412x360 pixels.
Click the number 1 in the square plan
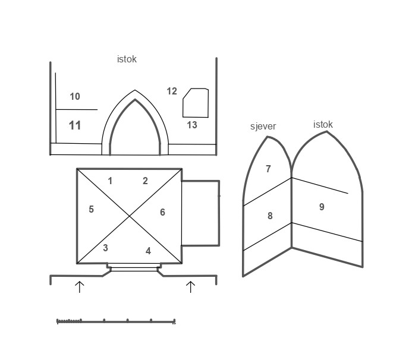tap(110, 181)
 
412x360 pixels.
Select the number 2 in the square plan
tap(145, 181)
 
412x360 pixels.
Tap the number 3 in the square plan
tap(105, 248)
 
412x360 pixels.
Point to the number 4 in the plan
tap(148, 251)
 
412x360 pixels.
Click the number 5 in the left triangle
tap(91, 210)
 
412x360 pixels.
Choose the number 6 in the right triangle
tap(162, 213)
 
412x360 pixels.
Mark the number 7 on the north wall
tap(268, 169)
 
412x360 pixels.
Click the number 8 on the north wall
tap(270, 216)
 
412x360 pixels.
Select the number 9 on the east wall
tap(322, 207)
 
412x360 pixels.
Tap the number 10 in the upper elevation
tap(75, 97)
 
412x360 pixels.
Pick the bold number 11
tap(75, 125)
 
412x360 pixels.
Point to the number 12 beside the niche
tap(172, 91)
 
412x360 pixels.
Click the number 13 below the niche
tap(192, 125)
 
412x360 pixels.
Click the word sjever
tap(263, 127)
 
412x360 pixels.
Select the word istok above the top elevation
tap(127, 59)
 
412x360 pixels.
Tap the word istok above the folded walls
tap(323, 125)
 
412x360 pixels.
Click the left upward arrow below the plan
tap(80, 287)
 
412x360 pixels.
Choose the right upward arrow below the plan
tap(190, 287)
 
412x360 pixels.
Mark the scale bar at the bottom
tap(116, 322)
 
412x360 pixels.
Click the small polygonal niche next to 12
tap(196, 103)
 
